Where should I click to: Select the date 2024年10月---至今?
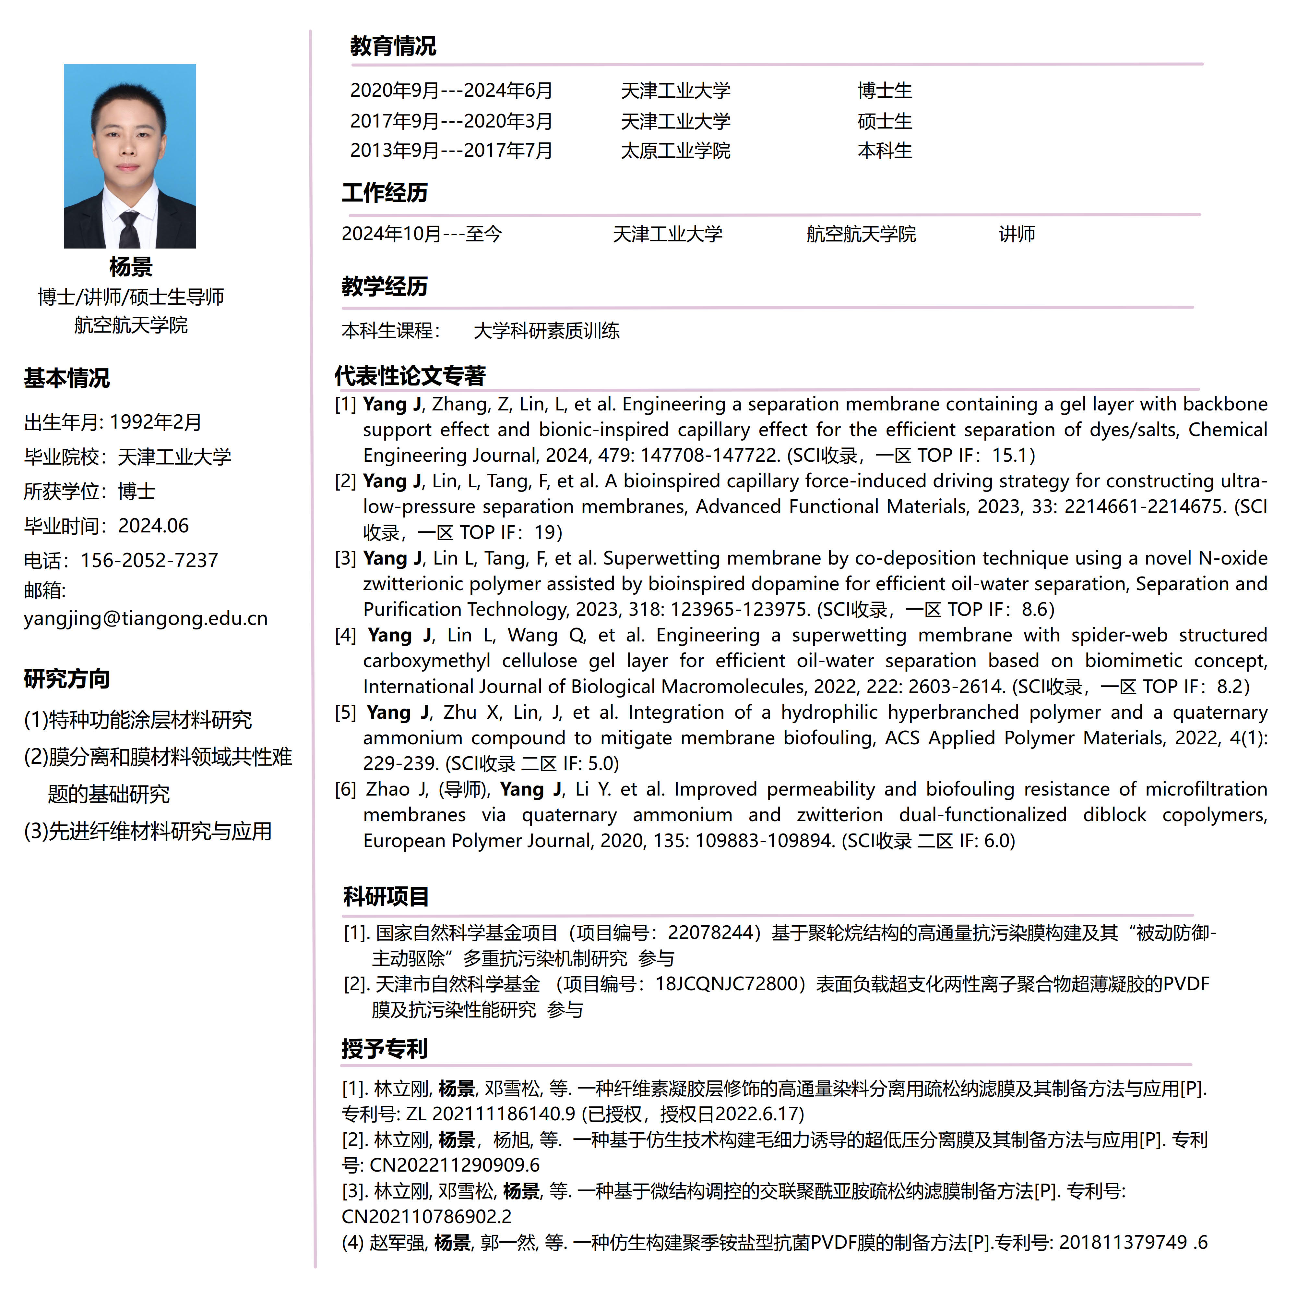coord(421,234)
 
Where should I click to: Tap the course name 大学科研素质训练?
coord(546,331)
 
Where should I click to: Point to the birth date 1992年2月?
coord(155,422)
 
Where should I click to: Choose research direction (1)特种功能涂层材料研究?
coord(137,720)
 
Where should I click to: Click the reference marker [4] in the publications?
coord(345,635)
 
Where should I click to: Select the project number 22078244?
coord(710,933)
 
